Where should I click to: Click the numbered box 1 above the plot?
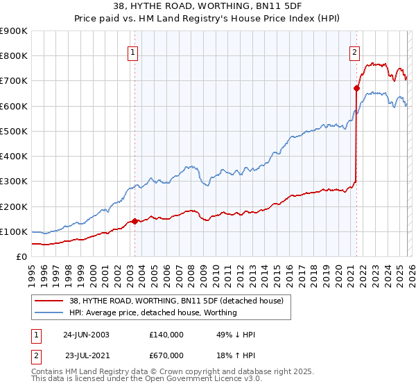pos(132,51)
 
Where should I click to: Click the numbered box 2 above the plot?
pos(354,51)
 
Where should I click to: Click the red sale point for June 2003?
pos(135,222)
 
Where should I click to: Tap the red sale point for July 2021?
pos(356,88)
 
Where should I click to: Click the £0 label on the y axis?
pos(21,256)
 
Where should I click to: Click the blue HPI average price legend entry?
pos(153,312)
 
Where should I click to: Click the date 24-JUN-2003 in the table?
pos(86,335)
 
